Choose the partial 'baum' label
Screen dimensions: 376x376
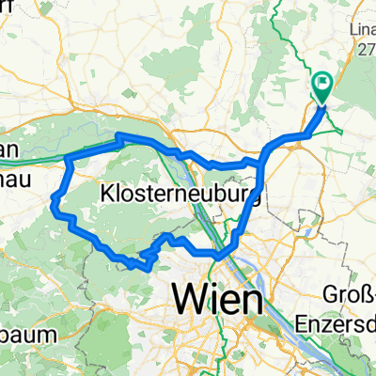pyautogui.click(x=23, y=334)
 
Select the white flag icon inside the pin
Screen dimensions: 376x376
pyautogui.click(x=321, y=86)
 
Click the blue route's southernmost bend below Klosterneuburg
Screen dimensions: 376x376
pyautogui.click(x=147, y=267)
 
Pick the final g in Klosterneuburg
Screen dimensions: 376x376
pyautogui.click(x=252, y=196)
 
